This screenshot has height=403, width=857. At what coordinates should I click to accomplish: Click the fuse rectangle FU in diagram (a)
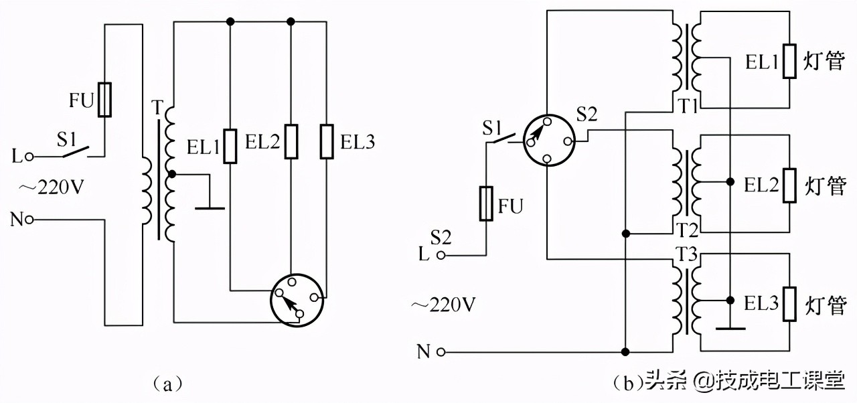pos(104,100)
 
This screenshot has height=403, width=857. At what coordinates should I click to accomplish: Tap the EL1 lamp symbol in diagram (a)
pos(230,146)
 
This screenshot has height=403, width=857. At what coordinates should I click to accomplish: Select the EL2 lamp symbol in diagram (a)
pos(291,141)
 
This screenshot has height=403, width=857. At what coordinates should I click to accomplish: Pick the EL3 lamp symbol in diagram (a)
pos(327,141)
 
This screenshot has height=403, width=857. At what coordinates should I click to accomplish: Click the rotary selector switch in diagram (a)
pos(298,300)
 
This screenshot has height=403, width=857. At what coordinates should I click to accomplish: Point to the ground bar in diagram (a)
pos(210,208)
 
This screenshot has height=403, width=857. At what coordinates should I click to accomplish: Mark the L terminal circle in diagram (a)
pos(29,157)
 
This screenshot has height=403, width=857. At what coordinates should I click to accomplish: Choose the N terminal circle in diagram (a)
pos(29,220)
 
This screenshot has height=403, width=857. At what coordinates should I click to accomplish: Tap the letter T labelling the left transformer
pos(157,106)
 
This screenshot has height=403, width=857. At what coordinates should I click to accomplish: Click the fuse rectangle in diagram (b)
pos(487,204)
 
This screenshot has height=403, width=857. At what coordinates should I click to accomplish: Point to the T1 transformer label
pos(688,106)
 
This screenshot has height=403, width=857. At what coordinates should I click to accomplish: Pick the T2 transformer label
pos(688,230)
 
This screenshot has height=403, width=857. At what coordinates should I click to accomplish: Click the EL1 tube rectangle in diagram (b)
pos(790,62)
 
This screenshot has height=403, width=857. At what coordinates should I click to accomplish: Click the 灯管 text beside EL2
pos(825,185)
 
